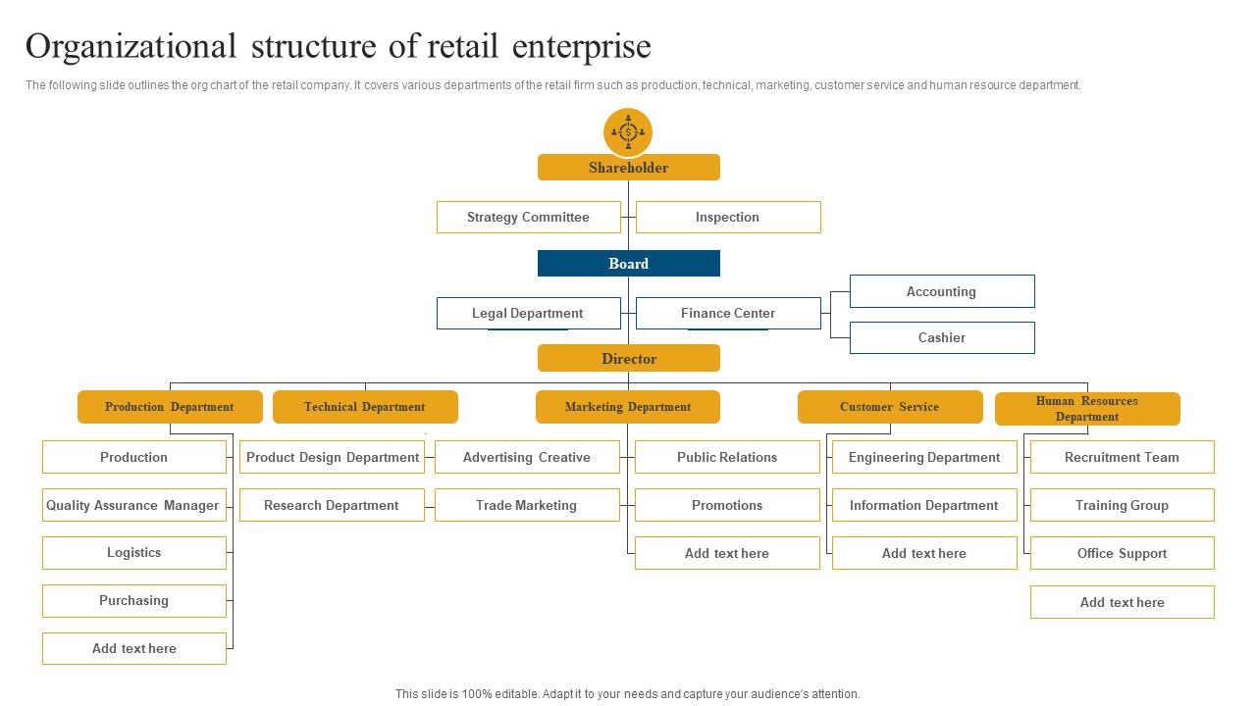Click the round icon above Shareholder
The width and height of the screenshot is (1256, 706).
tap(628, 132)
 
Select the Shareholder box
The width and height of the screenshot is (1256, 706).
tap(629, 167)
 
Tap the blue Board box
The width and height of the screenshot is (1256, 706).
tap(629, 264)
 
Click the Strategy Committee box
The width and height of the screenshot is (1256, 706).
tap(529, 217)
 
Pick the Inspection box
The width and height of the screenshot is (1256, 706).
tap(728, 217)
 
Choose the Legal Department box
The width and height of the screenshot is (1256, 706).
tap(529, 313)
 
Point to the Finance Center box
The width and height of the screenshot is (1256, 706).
tap(728, 313)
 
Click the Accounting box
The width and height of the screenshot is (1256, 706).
tap(942, 291)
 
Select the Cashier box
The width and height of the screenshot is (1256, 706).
tap(942, 338)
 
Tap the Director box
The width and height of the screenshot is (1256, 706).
tap(629, 358)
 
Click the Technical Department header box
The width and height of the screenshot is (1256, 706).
tap(365, 407)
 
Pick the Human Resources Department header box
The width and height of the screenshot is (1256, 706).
tap(1087, 409)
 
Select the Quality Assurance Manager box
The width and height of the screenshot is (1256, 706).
tap(134, 505)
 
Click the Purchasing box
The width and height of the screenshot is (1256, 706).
tap(134, 601)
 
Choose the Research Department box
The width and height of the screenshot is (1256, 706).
tap(332, 505)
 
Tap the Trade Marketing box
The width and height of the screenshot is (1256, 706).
tap(527, 505)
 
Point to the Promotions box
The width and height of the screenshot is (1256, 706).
tap(727, 505)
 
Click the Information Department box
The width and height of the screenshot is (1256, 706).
tap(924, 505)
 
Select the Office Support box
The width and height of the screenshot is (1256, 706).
tap(1122, 553)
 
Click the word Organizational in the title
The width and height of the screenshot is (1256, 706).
tap(131, 47)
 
